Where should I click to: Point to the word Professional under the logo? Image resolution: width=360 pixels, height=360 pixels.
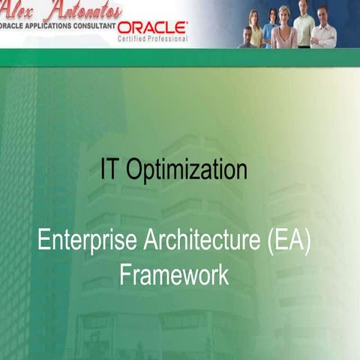[x=169, y=38]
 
